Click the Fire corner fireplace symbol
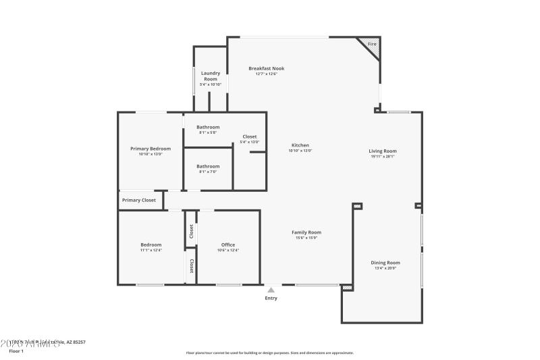[372, 45]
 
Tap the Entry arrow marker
[271, 290]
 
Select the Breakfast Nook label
[266, 68]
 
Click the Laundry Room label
[211, 76]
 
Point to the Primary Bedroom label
[151, 149]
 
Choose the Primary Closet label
[139, 200]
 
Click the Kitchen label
[300, 145]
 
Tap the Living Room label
[383, 151]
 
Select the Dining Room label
[385, 263]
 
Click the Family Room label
[306, 232]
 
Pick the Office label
[228, 245]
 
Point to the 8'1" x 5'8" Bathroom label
[208, 127]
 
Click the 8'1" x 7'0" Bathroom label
[208, 166]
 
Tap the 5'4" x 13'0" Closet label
[250, 136]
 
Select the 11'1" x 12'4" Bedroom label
[151, 245]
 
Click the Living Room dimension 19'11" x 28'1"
[383, 157]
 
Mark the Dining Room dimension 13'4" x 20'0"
[385, 268]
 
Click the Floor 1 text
[16, 351]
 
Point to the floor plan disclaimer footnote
[269, 353]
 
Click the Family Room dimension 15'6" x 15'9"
[306, 238]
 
